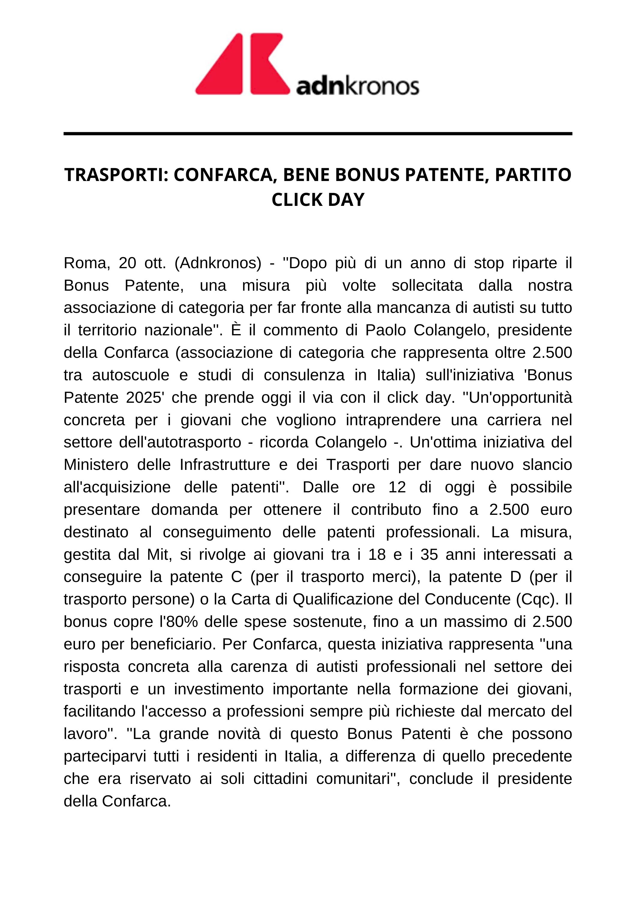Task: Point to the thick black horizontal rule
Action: [x=318, y=134]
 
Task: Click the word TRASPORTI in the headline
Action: [x=113, y=175]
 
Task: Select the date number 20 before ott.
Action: [x=127, y=263]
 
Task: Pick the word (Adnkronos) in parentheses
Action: [x=217, y=263]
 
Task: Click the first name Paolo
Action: [x=386, y=331]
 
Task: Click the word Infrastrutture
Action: [x=225, y=465]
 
